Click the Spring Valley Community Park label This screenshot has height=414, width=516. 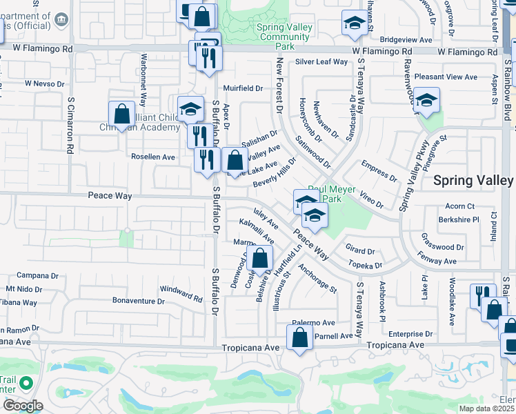pos(285,37)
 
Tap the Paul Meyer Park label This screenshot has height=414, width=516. pos(333,194)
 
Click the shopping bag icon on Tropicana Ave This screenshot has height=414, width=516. pos(299,339)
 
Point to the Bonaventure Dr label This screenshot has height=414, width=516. pos(139,302)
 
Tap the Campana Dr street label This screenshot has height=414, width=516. pos(35,275)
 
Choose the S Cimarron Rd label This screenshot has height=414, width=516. pos(70,125)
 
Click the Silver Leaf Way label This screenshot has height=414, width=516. pos(321,61)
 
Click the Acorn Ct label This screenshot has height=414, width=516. pos(460,206)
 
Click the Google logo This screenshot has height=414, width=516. pos(23,406)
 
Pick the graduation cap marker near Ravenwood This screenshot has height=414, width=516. pos(426,101)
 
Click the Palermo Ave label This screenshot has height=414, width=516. pos(313,323)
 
